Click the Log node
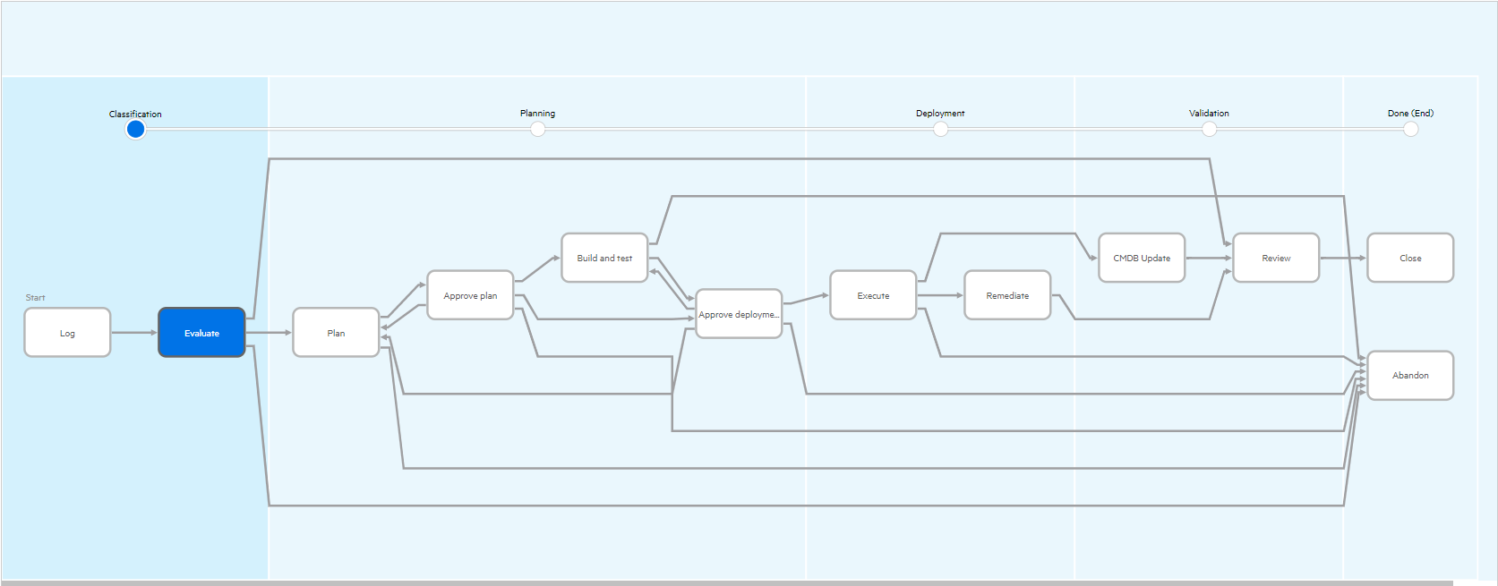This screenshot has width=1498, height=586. click(x=67, y=333)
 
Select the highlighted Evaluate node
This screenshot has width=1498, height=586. click(x=201, y=333)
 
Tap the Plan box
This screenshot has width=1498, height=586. click(x=336, y=333)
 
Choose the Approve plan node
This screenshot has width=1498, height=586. click(x=470, y=295)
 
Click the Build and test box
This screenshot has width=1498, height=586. click(x=604, y=258)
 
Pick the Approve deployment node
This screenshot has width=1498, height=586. click(x=739, y=314)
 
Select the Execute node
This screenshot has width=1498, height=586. click(x=873, y=295)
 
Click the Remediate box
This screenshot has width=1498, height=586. click(x=1007, y=295)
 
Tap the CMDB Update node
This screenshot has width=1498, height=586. click(x=1142, y=258)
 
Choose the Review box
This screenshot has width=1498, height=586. click(x=1276, y=258)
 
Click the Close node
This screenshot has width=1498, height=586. click(x=1410, y=258)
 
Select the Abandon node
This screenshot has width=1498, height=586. click(x=1410, y=375)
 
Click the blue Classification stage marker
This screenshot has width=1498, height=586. click(x=135, y=129)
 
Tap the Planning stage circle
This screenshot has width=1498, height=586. click(x=537, y=129)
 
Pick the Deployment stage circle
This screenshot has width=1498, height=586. click(x=940, y=129)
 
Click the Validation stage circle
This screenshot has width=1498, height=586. click(x=1209, y=129)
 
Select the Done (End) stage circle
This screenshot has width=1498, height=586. click(x=1410, y=129)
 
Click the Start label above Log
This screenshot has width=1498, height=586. click(x=36, y=297)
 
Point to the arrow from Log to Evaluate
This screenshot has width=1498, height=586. click(x=134, y=333)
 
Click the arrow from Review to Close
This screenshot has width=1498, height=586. click(x=1343, y=258)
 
